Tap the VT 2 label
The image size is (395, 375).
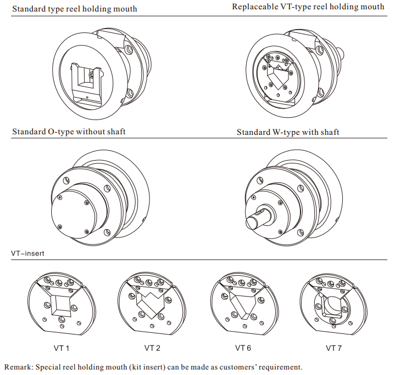tap(152, 348)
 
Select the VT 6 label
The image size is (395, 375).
tap(243, 348)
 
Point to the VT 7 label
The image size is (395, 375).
tap(335, 348)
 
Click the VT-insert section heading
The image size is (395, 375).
tap(27, 254)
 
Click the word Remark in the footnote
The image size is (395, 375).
tap(19, 366)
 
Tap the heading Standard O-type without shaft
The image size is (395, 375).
tap(69, 132)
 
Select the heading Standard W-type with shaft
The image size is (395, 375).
tap(288, 132)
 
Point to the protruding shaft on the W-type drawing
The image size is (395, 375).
tap(256, 220)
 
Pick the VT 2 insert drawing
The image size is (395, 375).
tap(149, 304)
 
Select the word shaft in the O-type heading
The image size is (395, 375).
tap(115, 132)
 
